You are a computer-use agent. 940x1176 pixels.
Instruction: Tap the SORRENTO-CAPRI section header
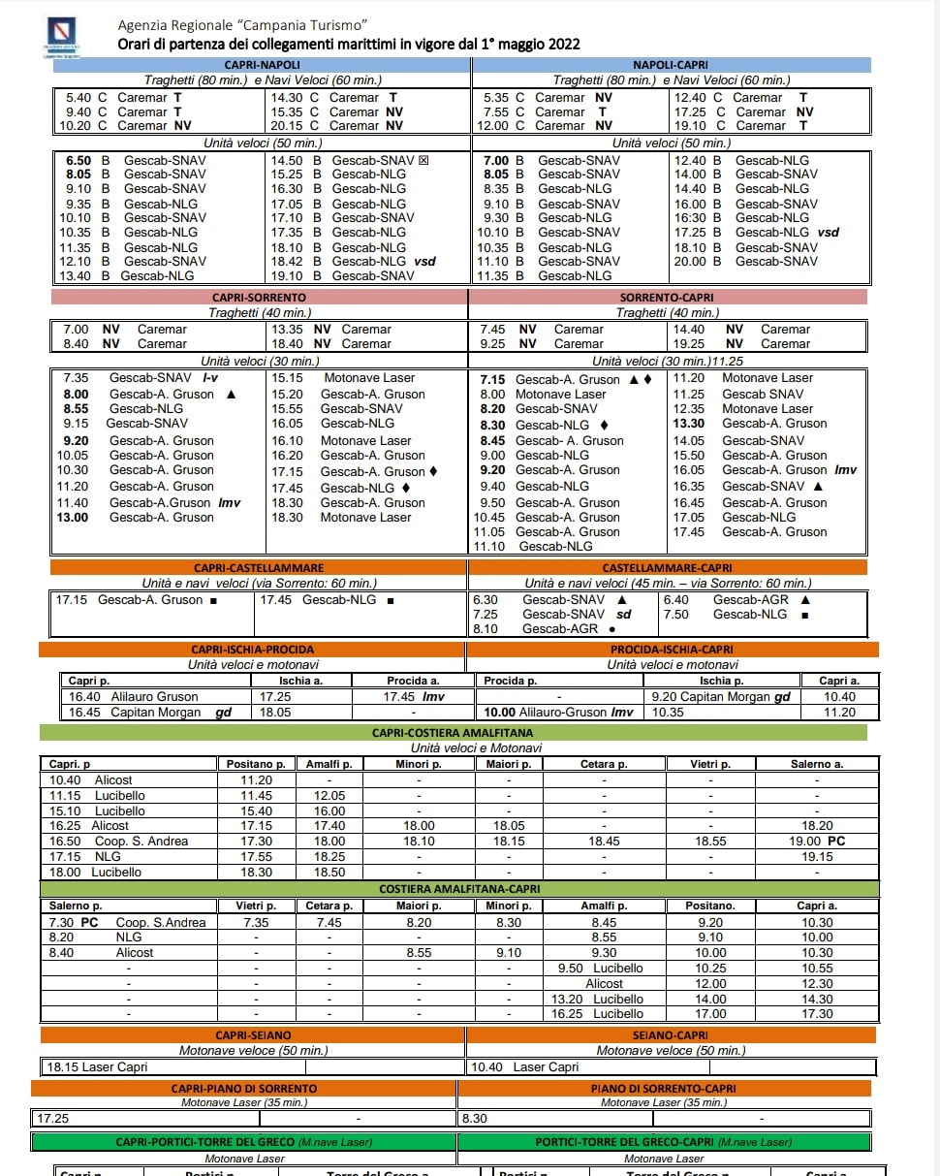point(668,297)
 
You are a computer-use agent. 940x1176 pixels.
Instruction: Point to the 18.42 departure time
point(287,262)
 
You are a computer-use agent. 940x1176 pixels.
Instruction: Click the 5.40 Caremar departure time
point(78,98)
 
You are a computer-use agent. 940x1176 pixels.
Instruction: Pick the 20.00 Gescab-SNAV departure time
point(690,262)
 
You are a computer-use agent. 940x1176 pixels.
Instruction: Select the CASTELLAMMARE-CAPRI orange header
point(668,567)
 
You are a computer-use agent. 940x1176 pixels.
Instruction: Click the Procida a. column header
point(413,681)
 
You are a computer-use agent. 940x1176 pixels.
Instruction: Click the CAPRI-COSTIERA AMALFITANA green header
point(458,733)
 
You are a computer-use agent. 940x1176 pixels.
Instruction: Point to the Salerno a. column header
point(817,764)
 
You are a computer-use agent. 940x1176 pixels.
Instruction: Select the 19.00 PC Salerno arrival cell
point(817,842)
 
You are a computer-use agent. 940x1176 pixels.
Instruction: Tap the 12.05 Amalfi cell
point(329,795)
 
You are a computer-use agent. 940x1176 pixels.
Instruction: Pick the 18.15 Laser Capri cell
point(97,1067)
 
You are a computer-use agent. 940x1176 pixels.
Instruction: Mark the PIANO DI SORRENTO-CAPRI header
point(664,1089)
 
